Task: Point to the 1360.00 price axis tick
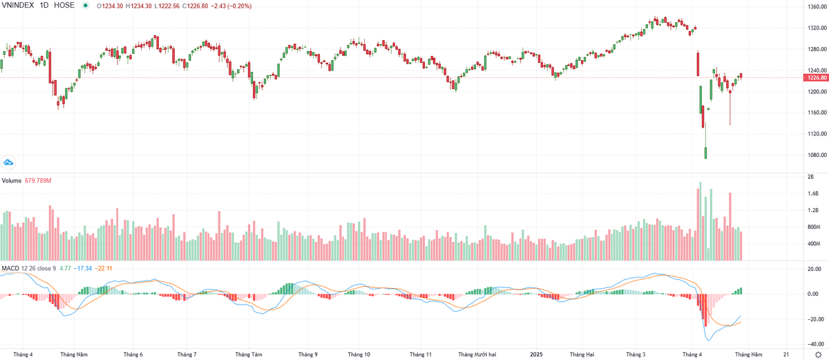coord(815,7)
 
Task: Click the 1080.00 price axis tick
coord(815,155)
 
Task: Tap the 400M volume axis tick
coord(813,244)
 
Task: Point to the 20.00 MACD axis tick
coord(813,269)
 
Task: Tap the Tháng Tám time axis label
coord(248,354)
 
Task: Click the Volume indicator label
coord(11,181)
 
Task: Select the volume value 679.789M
coord(38,181)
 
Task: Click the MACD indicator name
coord(10,268)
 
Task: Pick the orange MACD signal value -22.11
coord(103,268)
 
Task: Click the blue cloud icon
coord(9,162)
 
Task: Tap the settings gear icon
coord(818,354)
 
